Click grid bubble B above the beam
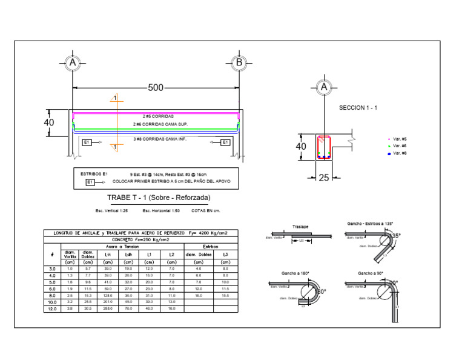coord(239,62)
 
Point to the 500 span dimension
coord(156,88)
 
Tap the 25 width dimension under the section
coord(325,177)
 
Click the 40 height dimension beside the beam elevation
coord(49,122)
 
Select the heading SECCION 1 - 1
coord(358,107)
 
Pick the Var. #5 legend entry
coord(399,139)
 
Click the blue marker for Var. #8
coord(389,154)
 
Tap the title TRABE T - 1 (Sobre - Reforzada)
coord(159,198)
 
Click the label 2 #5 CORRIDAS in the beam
coord(158,116)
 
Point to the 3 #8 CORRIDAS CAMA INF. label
coord(159,140)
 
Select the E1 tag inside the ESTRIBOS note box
coord(90,182)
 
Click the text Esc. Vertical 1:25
coord(111,211)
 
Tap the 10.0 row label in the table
coord(53,301)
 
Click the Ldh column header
coord(129,254)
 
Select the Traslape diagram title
coord(301,226)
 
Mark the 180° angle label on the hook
coord(321,292)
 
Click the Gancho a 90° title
coord(371,273)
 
